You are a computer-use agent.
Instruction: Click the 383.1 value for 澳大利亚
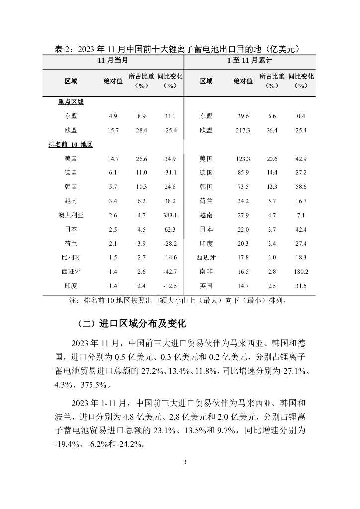pyautogui.click(x=170, y=215)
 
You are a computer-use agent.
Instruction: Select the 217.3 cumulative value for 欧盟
pyautogui.click(x=243, y=130)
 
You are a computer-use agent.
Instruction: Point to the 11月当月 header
pyautogui.click(x=113, y=60)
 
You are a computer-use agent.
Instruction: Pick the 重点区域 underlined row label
pyautogui.click(x=71, y=102)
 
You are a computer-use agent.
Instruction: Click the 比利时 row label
pyautogui.click(x=71, y=257)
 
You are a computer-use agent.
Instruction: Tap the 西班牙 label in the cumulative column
pyautogui.click(x=206, y=257)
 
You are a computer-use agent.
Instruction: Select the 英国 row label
pyautogui.click(x=206, y=286)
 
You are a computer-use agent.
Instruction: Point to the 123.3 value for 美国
pyautogui.click(x=243, y=159)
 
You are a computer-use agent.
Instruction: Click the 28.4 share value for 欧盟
pyautogui.click(x=142, y=130)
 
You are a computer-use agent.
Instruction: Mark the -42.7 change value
pyautogui.click(x=170, y=272)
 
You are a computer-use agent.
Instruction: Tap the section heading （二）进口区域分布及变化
pyautogui.click(x=132, y=324)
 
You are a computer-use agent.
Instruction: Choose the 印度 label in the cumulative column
pyautogui.click(x=206, y=244)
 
